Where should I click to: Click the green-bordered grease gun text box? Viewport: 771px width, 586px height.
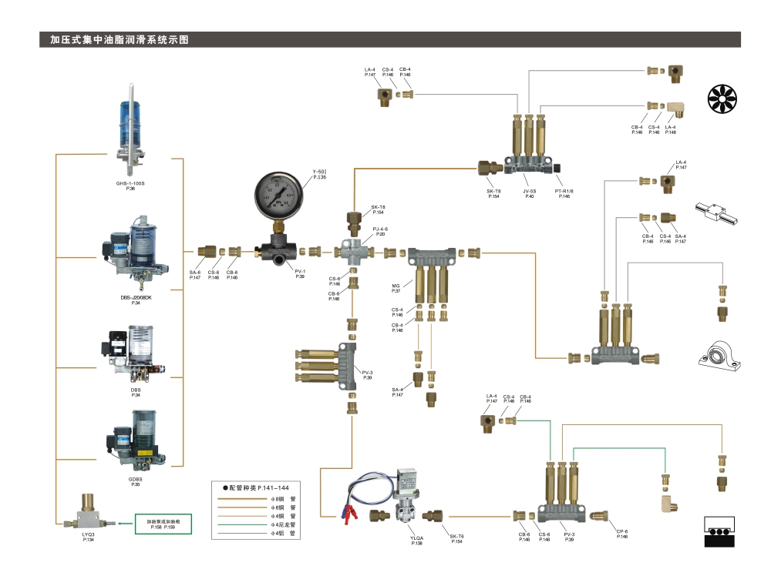pyautogui.click(x=162, y=524)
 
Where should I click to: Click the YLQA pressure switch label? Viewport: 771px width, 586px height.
pyautogui.click(x=417, y=541)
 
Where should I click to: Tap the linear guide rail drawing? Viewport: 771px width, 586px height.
pyautogui.click(x=716, y=213)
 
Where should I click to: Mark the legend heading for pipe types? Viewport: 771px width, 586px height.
pyautogui.click(x=254, y=488)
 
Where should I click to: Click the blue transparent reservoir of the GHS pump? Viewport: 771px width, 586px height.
pyautogui.click(x=131, y=116)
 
